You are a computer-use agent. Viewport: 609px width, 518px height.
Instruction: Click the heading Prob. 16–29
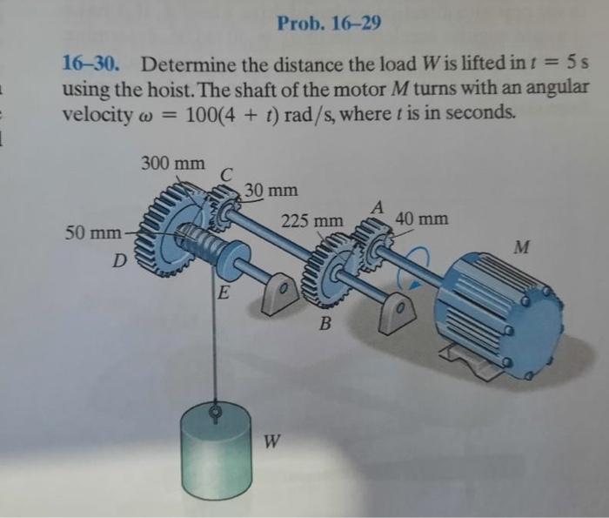click(x=329, y=22)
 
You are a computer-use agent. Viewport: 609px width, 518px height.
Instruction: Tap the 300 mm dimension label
click(x=172, y=163)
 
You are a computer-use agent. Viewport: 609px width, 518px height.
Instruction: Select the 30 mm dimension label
click(x=271, y=190)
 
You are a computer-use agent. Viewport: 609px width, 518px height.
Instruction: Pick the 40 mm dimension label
click(x=422, y=219)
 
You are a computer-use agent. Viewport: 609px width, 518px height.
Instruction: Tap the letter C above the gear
click(x=225, y=175)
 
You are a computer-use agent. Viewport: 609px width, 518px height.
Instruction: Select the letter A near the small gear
click(x=377, y=207)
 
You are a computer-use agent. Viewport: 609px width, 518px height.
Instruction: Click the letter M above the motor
click(x=521, y=248)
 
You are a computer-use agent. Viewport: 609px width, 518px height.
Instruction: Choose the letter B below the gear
click(x=325, y=326)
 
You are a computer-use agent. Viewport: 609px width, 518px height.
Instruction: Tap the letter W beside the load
click(x=272, y=441)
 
